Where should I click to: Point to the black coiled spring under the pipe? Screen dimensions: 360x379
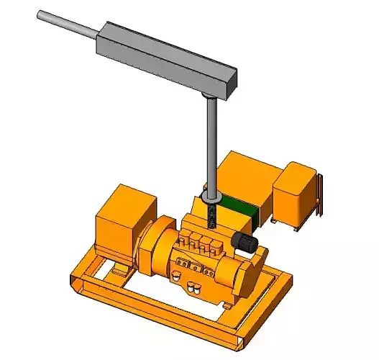[211, 215]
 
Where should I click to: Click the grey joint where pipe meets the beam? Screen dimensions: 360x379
[208, 96]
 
